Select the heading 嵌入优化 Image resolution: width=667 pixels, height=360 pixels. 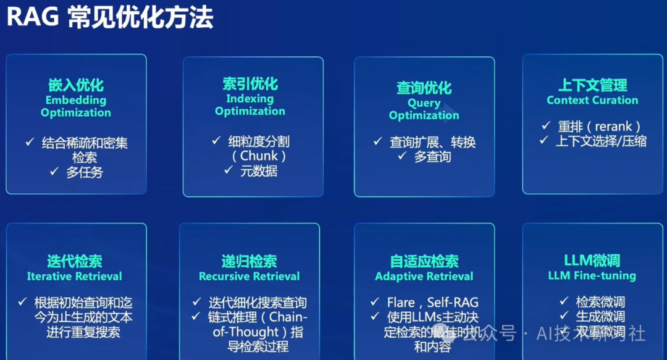pos(76,85)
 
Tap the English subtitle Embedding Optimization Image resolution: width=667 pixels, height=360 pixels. pos(76,106)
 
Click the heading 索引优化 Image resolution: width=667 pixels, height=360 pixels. pos(250,84)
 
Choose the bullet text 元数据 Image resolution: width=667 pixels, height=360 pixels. pos(259,171)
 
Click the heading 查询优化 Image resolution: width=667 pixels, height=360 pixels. pos(424,88)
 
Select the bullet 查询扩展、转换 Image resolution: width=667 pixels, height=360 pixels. pos(432,142)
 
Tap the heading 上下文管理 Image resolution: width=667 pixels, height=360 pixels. pos(592,85)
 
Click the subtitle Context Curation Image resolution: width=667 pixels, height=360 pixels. pos(592,100)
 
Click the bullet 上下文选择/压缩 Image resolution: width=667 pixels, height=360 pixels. pos(601,141)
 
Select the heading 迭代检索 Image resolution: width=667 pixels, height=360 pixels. pos(75,261)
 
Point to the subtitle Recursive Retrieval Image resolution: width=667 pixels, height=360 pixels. pos(249,276)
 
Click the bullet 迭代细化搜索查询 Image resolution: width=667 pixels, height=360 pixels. pos(258,303)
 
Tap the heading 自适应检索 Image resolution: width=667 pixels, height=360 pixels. pos(424,261)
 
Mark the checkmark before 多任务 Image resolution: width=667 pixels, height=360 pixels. pos(54,172)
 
